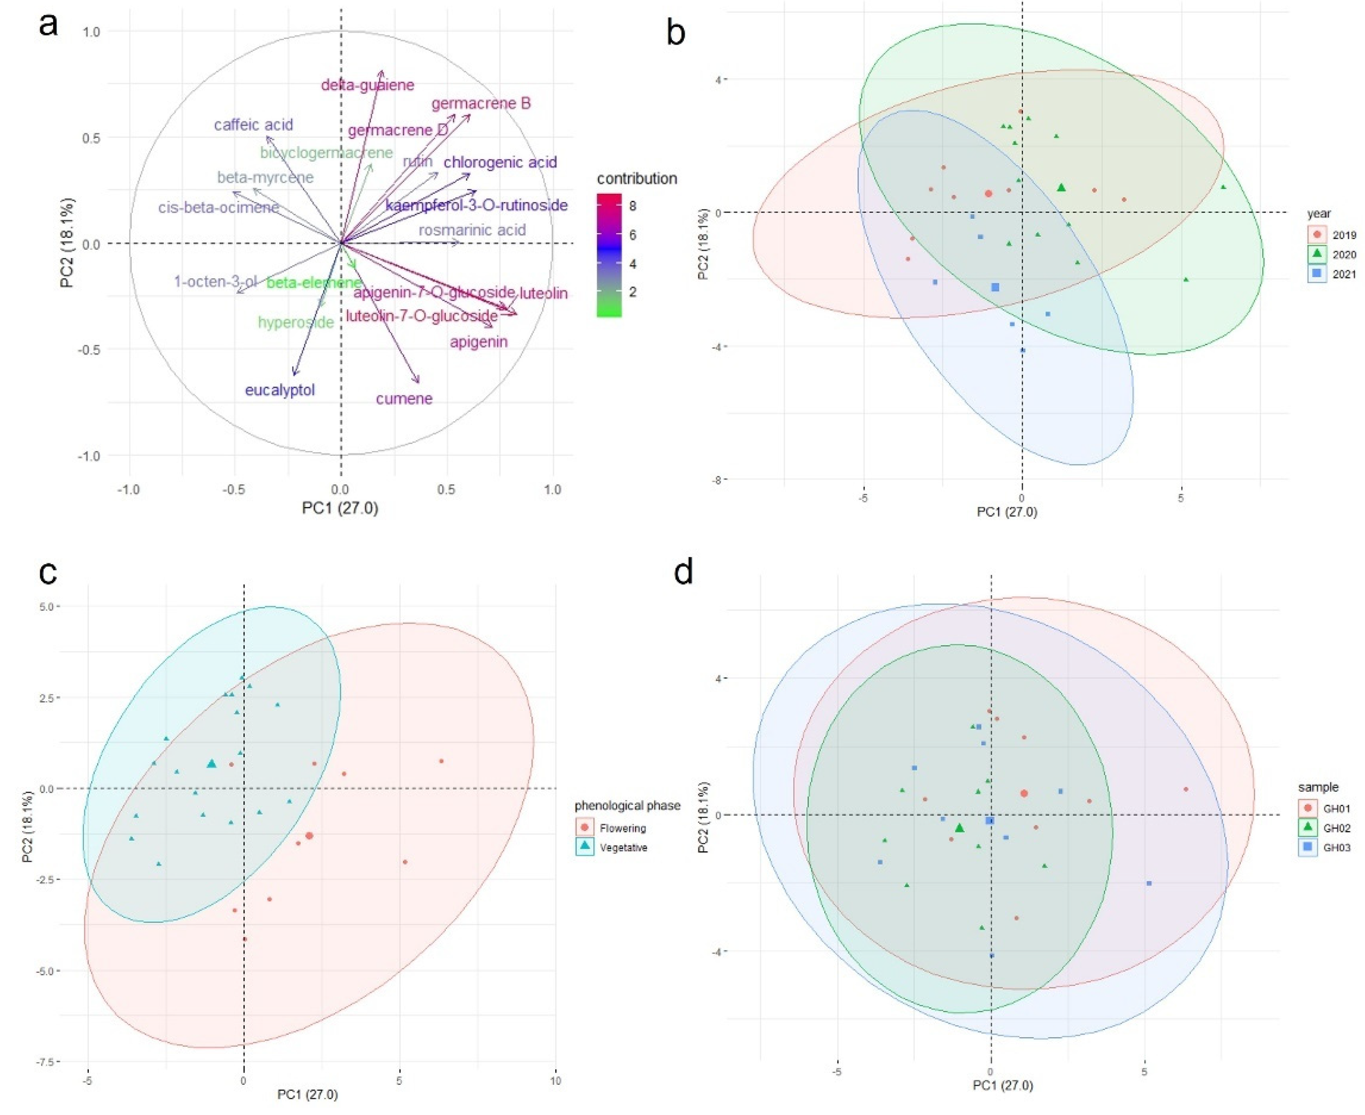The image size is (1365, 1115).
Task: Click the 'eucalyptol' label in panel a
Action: point(280,390)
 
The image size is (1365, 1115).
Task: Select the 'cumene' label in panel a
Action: point(404,399)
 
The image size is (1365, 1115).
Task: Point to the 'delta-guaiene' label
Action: point(367,85)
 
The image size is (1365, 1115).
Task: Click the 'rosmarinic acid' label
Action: point(472,230)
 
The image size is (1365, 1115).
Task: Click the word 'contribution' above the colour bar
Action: point(637,178)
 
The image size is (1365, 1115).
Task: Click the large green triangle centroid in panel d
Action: point(960,828)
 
